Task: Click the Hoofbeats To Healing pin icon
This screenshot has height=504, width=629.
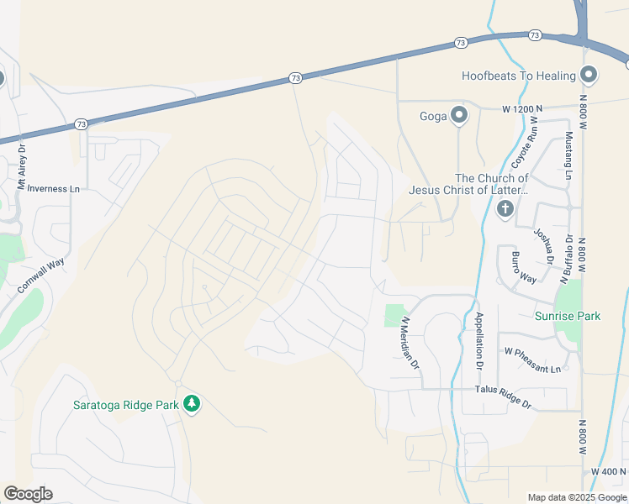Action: click(589, 76)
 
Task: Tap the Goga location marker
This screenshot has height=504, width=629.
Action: click(458, 115)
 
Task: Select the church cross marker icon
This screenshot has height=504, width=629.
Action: click(505, 208)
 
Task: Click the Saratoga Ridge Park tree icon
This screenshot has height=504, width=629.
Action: click(193, 405)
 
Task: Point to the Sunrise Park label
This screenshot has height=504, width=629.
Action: click(568, 316)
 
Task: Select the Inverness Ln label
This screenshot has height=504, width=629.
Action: click(53, 188)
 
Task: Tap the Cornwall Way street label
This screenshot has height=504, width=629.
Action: click(40, 276)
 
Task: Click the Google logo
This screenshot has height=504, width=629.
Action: click(28, 494)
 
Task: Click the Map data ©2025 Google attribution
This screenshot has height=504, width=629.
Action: click(577, 497)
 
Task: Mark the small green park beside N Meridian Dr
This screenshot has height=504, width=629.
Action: click(394, 315)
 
